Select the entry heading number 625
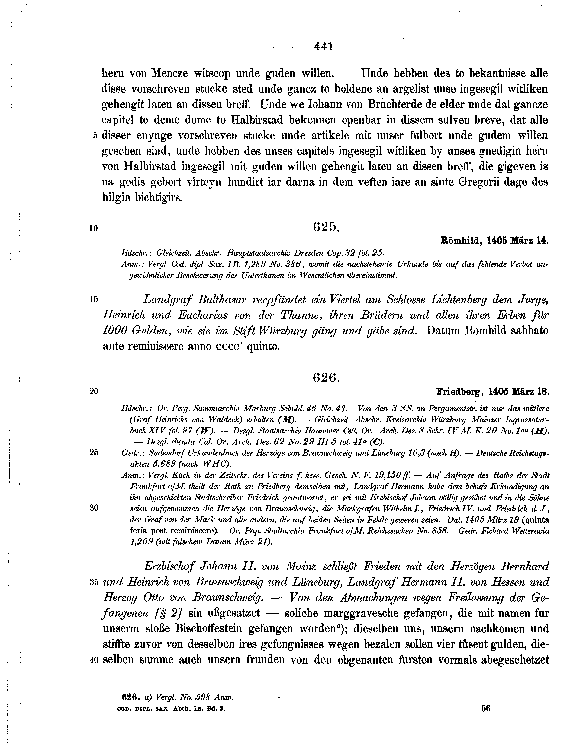tap(326, 227)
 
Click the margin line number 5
tap(95, 136)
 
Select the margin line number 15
tap(93, 299)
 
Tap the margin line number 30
tap(94, 508)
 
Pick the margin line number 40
tap(94, 660)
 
